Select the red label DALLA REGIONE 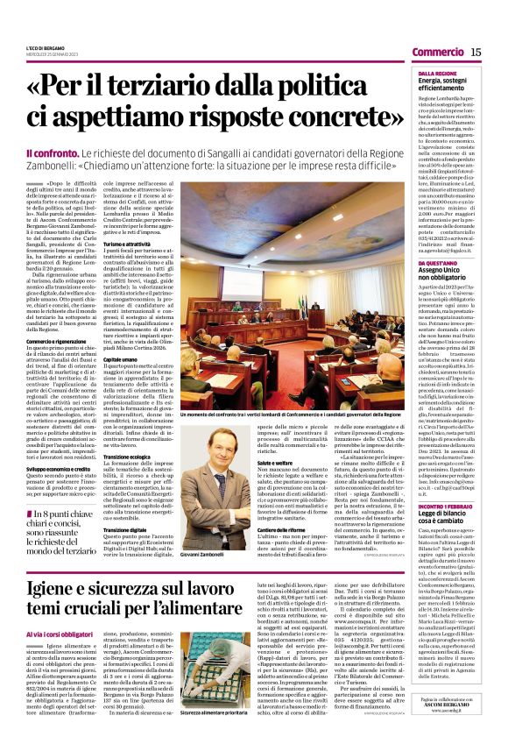[436, 74]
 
